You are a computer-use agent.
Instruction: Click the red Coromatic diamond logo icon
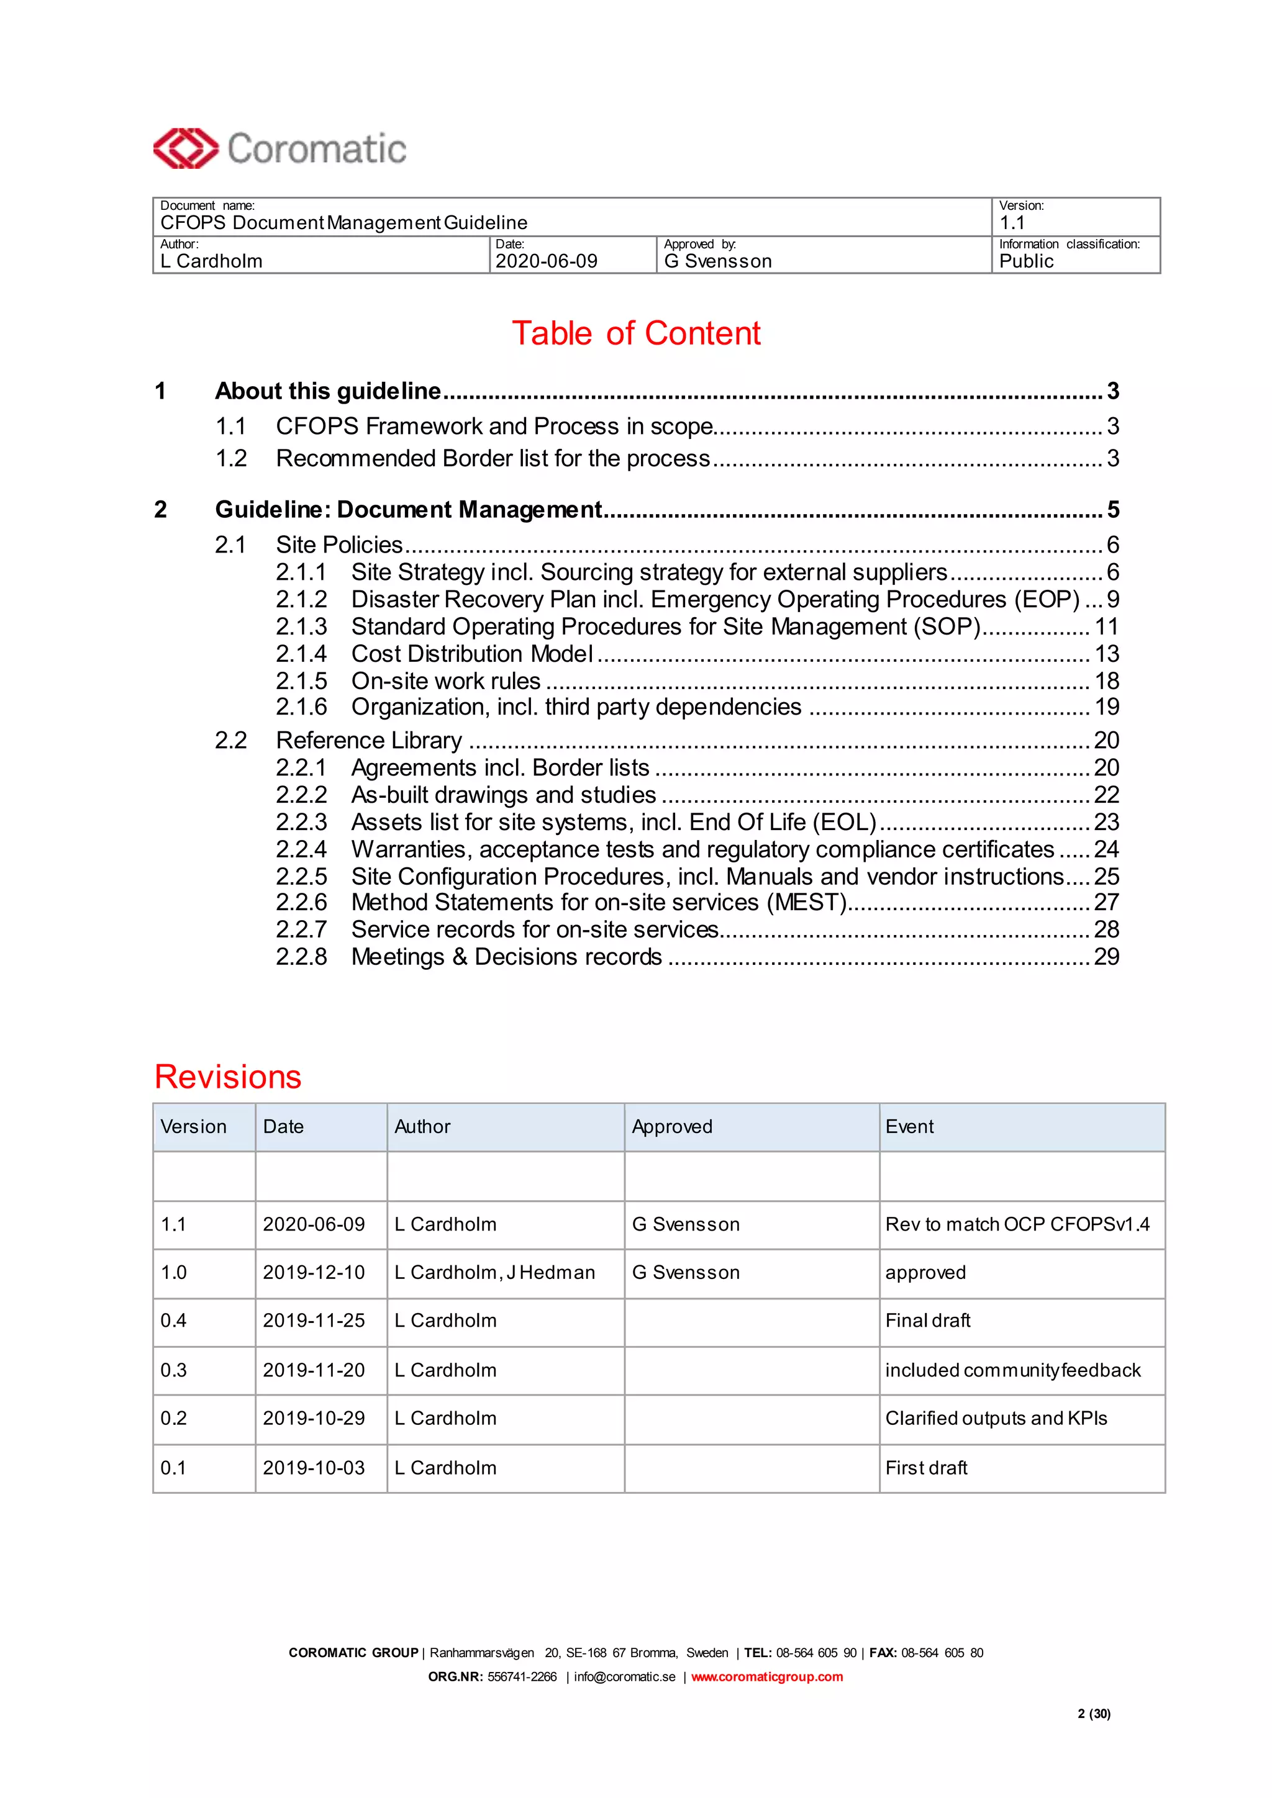[x=185, y=148]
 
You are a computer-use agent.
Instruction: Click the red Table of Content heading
[x=636, y=333]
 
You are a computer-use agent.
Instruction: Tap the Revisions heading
[x=228, y=1077]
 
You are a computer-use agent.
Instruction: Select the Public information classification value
[x=1026, y=261]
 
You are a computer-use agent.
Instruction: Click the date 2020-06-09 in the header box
[x=546, y=261]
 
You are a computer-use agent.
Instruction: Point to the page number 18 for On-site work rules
[x=1106, y=680]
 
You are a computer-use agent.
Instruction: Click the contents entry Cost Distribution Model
[x=471, y=654]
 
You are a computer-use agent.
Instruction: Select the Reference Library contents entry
[x=369, y=740]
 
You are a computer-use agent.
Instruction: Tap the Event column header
[x=909, y=1127]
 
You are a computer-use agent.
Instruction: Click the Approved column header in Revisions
[x=672, y=1127]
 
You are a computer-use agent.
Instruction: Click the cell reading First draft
[x=926, y=1468]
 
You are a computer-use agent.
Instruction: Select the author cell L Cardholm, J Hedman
[x=494, y=1273]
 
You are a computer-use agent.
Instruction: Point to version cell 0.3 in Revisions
[x=174, y=1370]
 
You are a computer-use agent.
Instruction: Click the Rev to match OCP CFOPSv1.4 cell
[x=1017, y=1224]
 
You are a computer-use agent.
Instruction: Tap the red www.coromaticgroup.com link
[x=767, y=1676]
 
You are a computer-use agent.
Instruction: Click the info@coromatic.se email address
[x=624, y=1676]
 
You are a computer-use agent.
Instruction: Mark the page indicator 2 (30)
[x=1093, y=1714]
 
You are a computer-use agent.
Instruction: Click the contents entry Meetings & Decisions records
[x=506, y=957]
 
